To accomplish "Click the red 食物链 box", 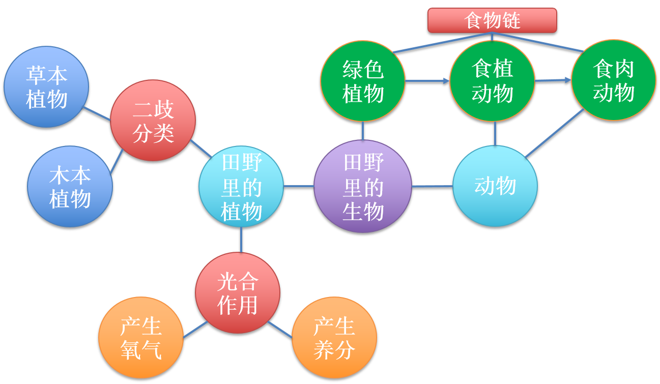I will pyautogui.click(x=492, y=20).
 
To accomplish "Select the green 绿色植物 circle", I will pyautogui.click(x=363, y=81).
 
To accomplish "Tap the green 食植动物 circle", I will pyautogui.click(x=492, y=81).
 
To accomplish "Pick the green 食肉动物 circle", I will pyautogui.click(x=613, y=80).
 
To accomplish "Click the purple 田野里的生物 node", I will pyautogui.click(x=363, y=186).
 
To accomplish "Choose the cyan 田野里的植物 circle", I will pyautogui.click(x=241, y=186).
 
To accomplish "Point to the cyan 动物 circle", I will pyautogui.click(x=495, y=186).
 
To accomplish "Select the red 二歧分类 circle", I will pyautogui.click(x=153, y=121).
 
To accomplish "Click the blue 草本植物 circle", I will pyautogui.click(x=46, y=87).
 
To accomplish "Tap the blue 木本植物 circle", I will pyautogui.click(x=70, y=187).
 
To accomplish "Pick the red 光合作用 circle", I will pyautogui.click(x=238, y=292).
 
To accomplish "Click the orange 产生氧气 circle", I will pyautogui.click(x=141, y=338).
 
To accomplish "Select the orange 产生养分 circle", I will pyautogui.click(x=334, y=338).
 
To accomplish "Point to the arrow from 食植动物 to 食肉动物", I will pyautogui.click(x=553, y=80).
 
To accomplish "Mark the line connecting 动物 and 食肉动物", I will pyautogui.click(x=555, y=133).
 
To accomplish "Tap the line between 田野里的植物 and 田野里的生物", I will pyautogui.click(x=299, y=186).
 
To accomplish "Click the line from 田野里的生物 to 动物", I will pyautogui.click(x=432, y=186).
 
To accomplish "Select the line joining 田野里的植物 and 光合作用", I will pyautogui.click(x=241, y=240).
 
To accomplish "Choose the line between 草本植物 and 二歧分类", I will pyautogui.click(x=97, y=113).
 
